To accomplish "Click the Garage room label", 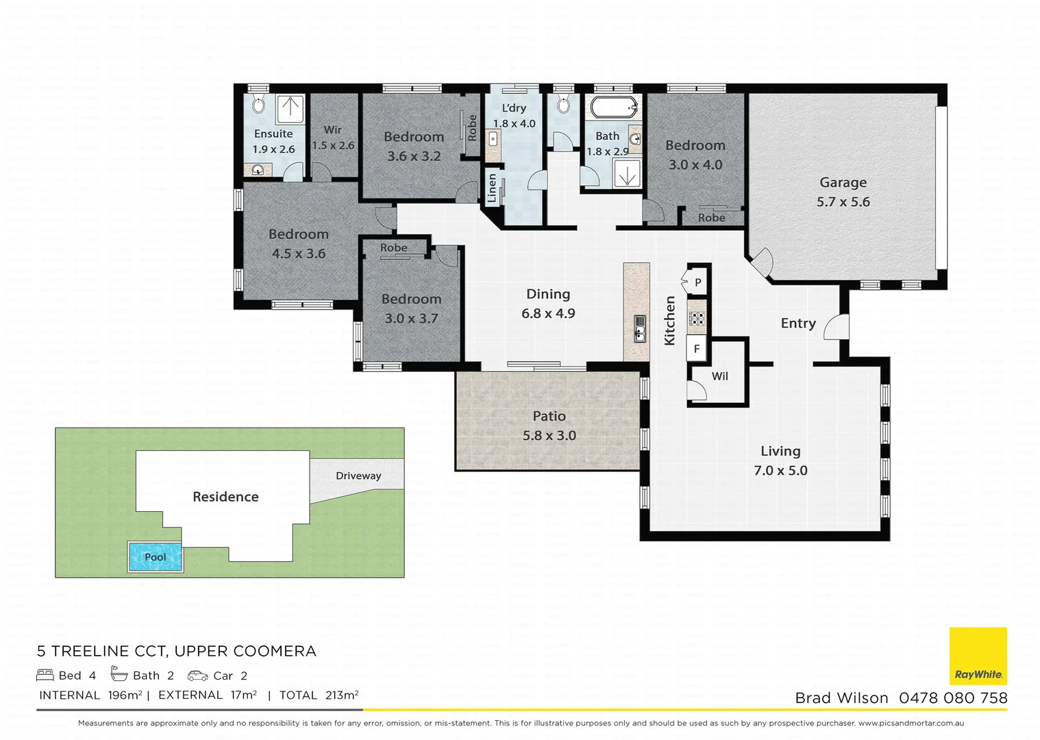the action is click(x=843, y=182).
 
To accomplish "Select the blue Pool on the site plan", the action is click(x=155, y=556).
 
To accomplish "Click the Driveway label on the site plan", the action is click(x=358, y=476).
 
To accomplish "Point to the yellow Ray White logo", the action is click(x=978, y=656).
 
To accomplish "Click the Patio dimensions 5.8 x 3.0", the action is click(x=549, y=436).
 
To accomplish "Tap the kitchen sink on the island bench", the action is click(x=640, y=329).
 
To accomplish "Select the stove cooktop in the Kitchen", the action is click(x=697, y=318).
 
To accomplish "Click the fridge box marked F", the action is click(x=697, y=349).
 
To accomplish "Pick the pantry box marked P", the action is click(x=697, y=282).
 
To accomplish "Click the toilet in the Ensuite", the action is click(x=258, y=104).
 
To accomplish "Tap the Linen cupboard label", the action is click(x=492, y=188).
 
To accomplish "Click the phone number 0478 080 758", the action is click(x=953, y=698).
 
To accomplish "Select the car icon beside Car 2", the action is click(x=197, y=676).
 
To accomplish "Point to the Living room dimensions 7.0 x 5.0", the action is click(x=780, y=470).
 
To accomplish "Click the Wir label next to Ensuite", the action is click(x=333, y=130).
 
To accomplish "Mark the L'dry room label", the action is click(x=514, y=108).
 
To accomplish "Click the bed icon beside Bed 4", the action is click(x=45, y=675).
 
